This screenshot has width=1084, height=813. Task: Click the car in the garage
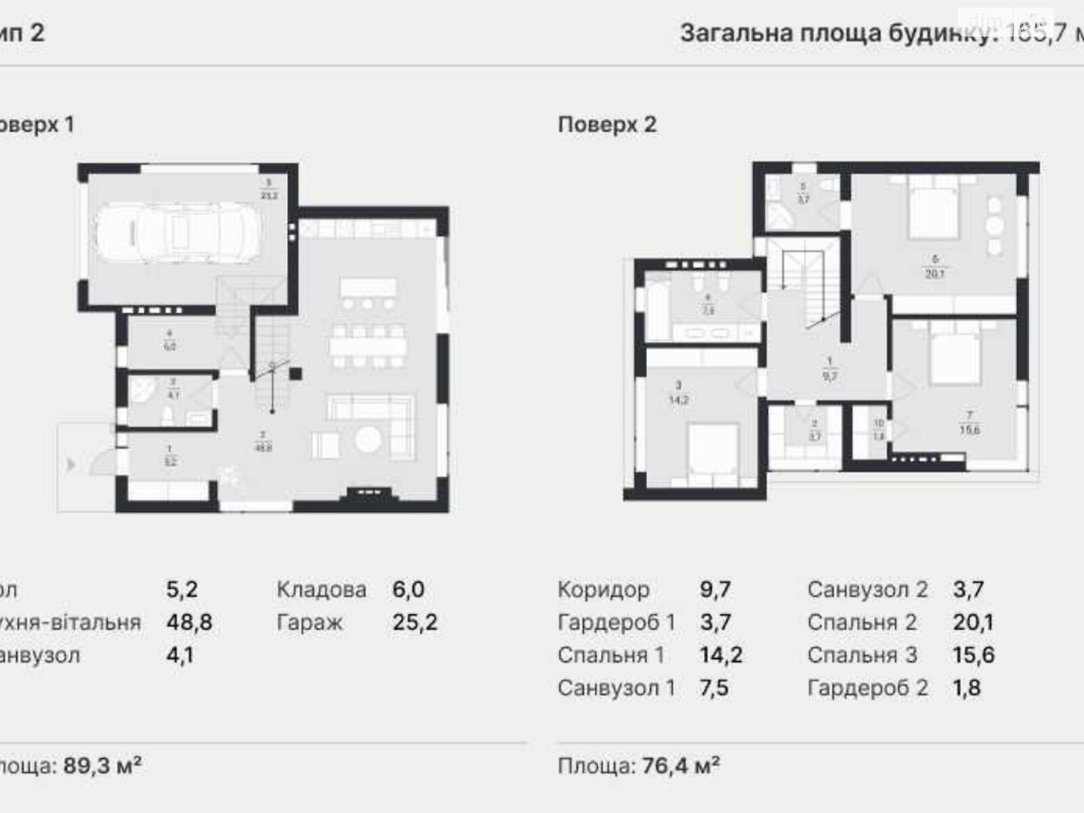178,234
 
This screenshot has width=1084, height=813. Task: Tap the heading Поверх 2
607,125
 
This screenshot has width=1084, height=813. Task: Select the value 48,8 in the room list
189,622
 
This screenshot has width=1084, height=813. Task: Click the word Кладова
321,589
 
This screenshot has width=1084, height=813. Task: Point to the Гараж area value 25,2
415,622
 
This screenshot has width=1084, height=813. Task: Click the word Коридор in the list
603,589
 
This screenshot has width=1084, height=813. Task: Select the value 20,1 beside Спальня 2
973,622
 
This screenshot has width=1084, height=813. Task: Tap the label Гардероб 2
867,688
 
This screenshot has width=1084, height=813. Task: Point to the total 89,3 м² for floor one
102,766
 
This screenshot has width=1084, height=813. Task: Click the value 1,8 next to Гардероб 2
965,688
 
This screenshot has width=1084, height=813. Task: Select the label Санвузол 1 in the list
616,688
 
